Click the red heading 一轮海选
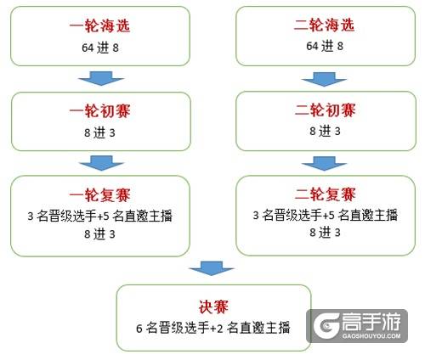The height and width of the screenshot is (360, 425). (99, 25)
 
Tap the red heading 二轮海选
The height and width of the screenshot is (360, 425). (325, 25)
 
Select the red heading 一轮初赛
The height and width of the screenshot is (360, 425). (99, 110)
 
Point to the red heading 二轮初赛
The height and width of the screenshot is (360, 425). (325, 110)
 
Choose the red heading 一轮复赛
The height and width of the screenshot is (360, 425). (99, 195)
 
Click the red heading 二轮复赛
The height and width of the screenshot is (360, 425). (325, 194)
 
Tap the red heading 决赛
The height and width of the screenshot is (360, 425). (213, 307)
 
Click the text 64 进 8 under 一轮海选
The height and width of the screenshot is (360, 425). (100, 48)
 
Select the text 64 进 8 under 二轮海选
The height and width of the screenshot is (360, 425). (325, 46)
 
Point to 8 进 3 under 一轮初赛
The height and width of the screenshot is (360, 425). (99, 132)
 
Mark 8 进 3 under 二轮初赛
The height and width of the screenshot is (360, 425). (325, 131)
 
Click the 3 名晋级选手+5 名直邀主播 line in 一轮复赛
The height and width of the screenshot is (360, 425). (99, 216)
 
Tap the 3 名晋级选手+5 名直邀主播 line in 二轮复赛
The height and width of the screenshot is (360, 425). (326, 215)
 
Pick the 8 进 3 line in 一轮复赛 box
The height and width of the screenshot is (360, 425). (99, 234)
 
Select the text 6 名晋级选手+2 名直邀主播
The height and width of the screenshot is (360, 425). (213, 328)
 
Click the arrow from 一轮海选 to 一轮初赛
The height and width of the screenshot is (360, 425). (101, 78)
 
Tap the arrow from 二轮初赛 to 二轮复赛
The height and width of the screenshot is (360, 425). (324, 163)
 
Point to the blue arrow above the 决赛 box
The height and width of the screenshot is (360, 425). (212, 268)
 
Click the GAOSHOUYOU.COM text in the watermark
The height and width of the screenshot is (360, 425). (371, 336)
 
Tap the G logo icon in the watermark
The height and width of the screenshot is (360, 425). (326, 326)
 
